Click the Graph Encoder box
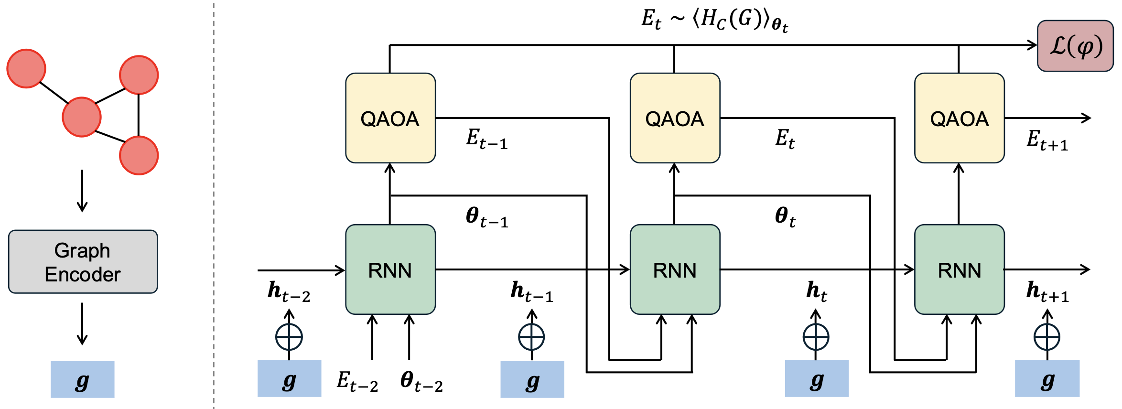point(83,261)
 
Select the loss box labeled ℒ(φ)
point(1075,46)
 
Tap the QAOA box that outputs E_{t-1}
point(390,118)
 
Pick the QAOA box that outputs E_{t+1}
point(959,118)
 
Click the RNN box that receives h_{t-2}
point(390,269)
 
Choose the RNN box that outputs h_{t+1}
point(959,269)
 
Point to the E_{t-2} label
point(357,382)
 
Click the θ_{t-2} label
point(421,382)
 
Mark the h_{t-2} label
point(289,291)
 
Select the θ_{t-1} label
point(487,217)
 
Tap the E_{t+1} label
point(1047,140)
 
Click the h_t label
point(817,291)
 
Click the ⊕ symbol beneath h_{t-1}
point(531,337)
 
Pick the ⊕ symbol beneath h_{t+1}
point(1047,337)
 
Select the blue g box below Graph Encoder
point(83,379)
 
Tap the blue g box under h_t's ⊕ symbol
point(817,378)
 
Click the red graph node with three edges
point(82,117)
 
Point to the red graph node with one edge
point(26,68)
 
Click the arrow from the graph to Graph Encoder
point(82,191)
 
